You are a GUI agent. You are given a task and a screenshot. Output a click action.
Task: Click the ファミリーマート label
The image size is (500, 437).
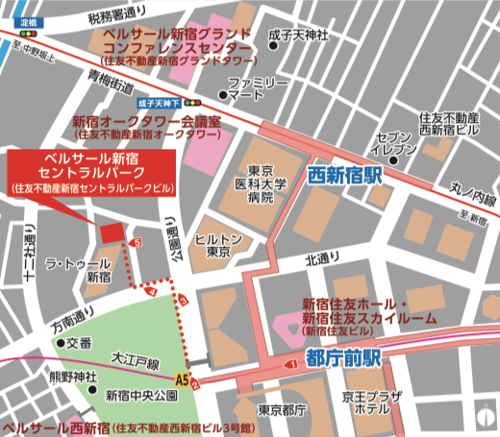click(259, 89)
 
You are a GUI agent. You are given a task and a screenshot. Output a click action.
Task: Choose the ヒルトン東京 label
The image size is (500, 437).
click(212, 245)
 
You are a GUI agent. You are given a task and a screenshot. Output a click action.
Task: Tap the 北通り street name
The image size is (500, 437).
click(323, 258)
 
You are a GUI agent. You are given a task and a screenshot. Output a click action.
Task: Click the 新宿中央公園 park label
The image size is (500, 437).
click(141, 395)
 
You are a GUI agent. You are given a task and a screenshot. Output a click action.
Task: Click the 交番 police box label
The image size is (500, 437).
click(77, 342)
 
